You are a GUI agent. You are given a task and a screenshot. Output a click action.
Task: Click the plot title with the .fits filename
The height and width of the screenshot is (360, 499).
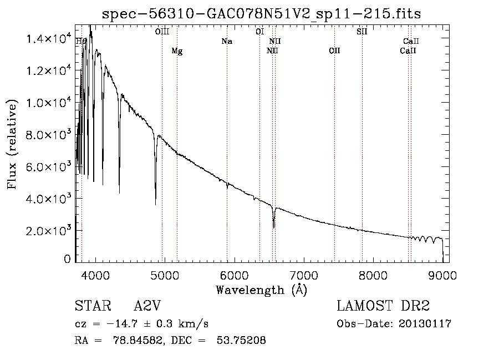(x=262, y=14)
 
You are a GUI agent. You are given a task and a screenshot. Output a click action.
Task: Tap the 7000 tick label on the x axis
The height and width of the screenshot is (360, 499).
(x=303, y=275)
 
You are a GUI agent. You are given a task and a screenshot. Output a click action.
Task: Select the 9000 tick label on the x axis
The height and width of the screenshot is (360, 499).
(x=442, y=275)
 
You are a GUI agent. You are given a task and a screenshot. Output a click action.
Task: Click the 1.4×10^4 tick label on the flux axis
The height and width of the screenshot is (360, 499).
(x=50, y=39)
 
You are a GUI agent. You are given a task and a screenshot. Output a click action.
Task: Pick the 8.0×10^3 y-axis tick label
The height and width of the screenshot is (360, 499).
(x=50, y=135)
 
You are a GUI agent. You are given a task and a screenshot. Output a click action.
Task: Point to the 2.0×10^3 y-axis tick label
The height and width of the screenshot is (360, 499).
(x=50, y=231)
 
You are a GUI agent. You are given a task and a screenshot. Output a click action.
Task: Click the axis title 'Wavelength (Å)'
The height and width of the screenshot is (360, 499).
(x=261, y=290)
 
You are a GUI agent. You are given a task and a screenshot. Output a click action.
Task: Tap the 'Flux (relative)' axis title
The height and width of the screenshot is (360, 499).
(x=12, y=144)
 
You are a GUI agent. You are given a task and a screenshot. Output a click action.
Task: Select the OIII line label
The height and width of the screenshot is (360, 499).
(x=162, y=32)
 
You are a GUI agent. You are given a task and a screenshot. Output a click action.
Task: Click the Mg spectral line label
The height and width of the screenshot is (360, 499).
(x=177, y=51)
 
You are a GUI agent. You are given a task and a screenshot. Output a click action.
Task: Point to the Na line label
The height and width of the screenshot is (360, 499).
(x=226, y=41)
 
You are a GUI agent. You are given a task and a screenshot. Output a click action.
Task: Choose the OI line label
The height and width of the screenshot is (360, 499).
(x=259, y=32)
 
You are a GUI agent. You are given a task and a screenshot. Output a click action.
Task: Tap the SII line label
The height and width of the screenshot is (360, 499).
(x=361, y=32)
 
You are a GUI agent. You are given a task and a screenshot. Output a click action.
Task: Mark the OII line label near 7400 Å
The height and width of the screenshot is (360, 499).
(x=334, y=51)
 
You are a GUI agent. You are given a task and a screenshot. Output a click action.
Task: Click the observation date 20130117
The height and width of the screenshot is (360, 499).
(x=426, y=324)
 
